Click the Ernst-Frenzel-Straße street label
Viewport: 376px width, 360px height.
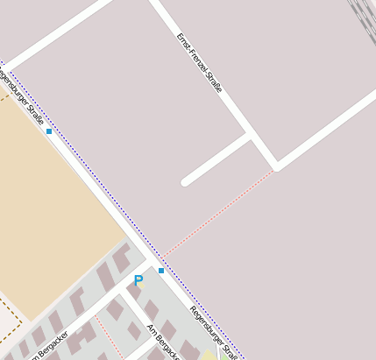click(200, 62)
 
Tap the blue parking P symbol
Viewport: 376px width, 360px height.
click(138, 280)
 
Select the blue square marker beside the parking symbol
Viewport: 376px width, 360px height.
click(161, 271)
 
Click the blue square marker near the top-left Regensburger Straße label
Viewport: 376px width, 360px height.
click(49, 131)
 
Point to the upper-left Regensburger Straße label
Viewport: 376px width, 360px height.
click(19, 93)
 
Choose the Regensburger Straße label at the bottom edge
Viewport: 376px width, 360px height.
click(213, 332)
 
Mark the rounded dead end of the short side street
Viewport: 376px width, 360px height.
click(186, 182)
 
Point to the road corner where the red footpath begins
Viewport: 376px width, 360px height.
click(276, 166)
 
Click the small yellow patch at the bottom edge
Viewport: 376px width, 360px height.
click(208, 355)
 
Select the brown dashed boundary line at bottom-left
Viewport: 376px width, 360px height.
click(11, 311)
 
